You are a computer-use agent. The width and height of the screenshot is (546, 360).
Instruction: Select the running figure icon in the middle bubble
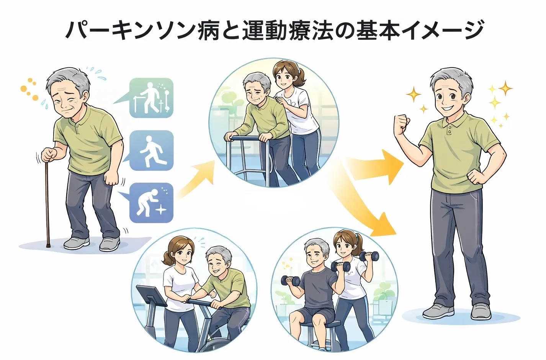click(x=151, y=151)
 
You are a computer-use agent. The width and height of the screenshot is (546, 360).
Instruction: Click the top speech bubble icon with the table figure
click(x=151, y=98)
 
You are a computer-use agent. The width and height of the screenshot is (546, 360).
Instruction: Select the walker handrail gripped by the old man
click(x=249, y=138)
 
